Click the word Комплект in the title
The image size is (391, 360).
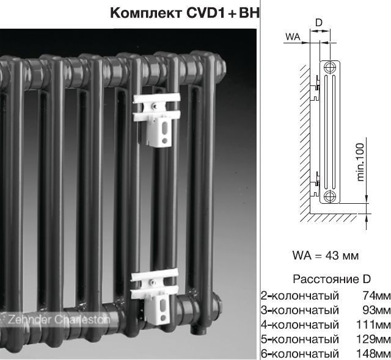[146, 13]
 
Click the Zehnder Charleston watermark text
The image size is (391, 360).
[59, 319]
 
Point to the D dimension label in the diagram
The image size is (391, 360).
[319, 23]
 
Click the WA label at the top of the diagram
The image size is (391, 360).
[293, 37]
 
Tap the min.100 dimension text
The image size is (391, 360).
[360, 162]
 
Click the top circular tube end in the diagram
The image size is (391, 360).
[330, 67]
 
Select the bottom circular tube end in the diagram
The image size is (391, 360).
[330, 196]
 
